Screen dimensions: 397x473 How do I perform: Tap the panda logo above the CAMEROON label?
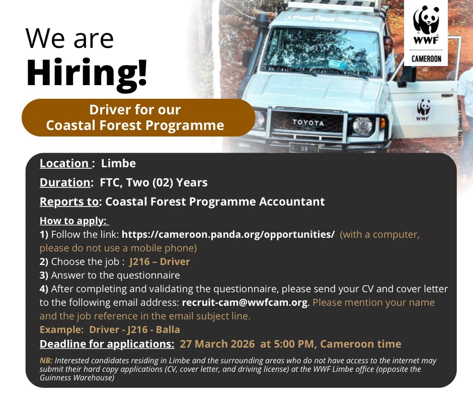tap(426, 23)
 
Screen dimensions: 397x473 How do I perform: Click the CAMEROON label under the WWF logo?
tap(426, 59)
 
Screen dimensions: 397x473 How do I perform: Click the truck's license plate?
tap(303, 148)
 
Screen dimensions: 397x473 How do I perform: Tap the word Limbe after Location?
tap(118, 163)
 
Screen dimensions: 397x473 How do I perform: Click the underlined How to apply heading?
tap(73, 222)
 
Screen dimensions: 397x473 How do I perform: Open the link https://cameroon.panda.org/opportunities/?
tap(228, 235)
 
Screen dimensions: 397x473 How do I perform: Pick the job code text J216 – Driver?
tap(160, 261)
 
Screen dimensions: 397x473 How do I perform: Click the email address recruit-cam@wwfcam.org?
tap(245, 303)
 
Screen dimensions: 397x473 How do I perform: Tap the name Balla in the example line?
tap(167, 330)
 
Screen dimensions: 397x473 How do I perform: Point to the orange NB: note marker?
tap(45, 361)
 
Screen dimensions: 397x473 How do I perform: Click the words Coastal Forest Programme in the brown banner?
tap(135, 125)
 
